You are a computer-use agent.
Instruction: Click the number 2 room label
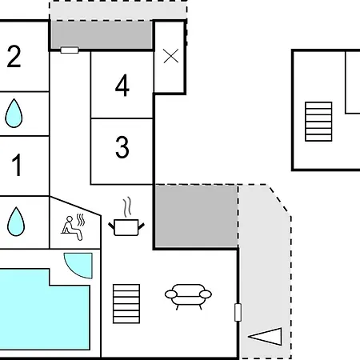coord(14,56)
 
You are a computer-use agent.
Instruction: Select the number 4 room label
coord(122,85)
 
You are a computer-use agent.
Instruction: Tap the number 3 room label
coord(122,147)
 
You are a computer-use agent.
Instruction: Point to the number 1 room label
coord(17,165)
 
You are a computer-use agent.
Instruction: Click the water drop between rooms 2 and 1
coord(14,114)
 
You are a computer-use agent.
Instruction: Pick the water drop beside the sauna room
coord(16,222)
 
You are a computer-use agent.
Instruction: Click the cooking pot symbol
coord(126,227)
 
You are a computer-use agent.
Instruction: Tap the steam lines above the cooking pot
coord(128,207)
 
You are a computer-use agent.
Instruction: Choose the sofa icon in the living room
coord(188,296)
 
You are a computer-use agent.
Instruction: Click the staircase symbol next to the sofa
coord(126,304)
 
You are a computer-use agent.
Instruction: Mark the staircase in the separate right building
coord(318,122)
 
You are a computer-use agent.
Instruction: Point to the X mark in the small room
coord(171,56)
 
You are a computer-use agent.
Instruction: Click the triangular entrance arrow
coord(266,337)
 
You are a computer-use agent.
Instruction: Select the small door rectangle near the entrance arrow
coord(238,312)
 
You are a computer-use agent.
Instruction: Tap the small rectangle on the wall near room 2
coord(70,50)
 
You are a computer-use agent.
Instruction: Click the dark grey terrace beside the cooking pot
coord(197,216)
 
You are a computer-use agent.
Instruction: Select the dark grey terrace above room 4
coord(102,35)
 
